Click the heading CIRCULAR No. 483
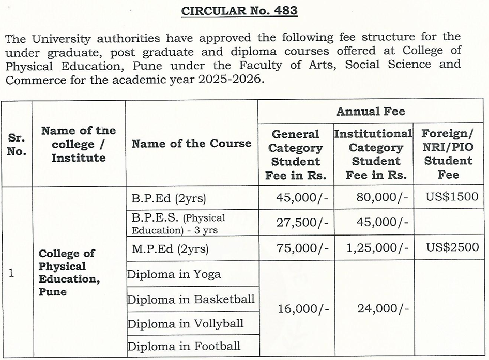(x=239, y=11)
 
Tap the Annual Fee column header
(x=371, y=111)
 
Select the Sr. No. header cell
(x=17, y=145)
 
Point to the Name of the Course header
(x=191, y=144)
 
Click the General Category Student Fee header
(x=296, y=154)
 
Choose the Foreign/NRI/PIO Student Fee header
(x=448, y=154)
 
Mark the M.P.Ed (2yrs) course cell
(x=170, y=248)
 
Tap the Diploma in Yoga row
(x=174, y=274)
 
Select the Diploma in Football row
(x=184, y=346)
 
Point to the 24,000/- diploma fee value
(x=383, y=309)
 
